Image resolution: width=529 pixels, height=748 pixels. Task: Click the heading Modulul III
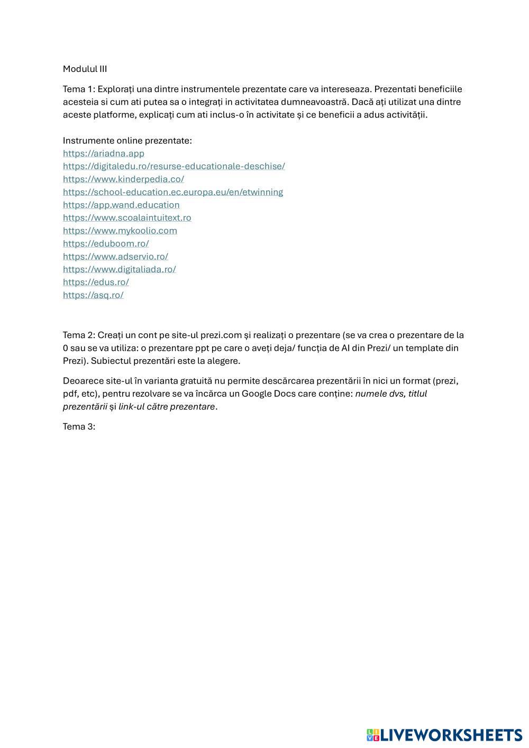point(85,69)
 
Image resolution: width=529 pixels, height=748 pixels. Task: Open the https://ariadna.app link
point(104,153)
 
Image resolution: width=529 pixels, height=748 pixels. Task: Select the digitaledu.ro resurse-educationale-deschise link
point(174,166)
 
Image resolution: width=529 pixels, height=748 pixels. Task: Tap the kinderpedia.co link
point(123,179)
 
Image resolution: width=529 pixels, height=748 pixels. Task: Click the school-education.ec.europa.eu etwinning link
point(172,192)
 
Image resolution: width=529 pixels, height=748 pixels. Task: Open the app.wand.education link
point(121,205)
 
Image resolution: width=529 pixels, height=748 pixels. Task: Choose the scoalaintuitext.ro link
point(127,217)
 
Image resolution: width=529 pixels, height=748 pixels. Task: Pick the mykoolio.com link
point(120,231)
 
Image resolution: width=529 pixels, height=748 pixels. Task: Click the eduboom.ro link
point(106,243)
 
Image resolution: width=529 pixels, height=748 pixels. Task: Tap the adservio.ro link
point(115,257)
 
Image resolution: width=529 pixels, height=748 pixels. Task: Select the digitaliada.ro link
point(120,269)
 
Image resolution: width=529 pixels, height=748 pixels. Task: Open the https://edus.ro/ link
point(96,282)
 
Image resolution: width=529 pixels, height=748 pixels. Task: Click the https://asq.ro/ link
point(93,295)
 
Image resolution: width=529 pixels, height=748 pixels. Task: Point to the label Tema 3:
point(79,426)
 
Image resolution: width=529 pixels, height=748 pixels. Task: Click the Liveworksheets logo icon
point(373,735)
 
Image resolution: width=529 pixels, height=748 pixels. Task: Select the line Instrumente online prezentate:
point(127,141)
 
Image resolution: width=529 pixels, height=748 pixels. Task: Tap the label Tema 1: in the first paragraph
point(79,89)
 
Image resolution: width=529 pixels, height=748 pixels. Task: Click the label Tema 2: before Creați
point(79,335)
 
